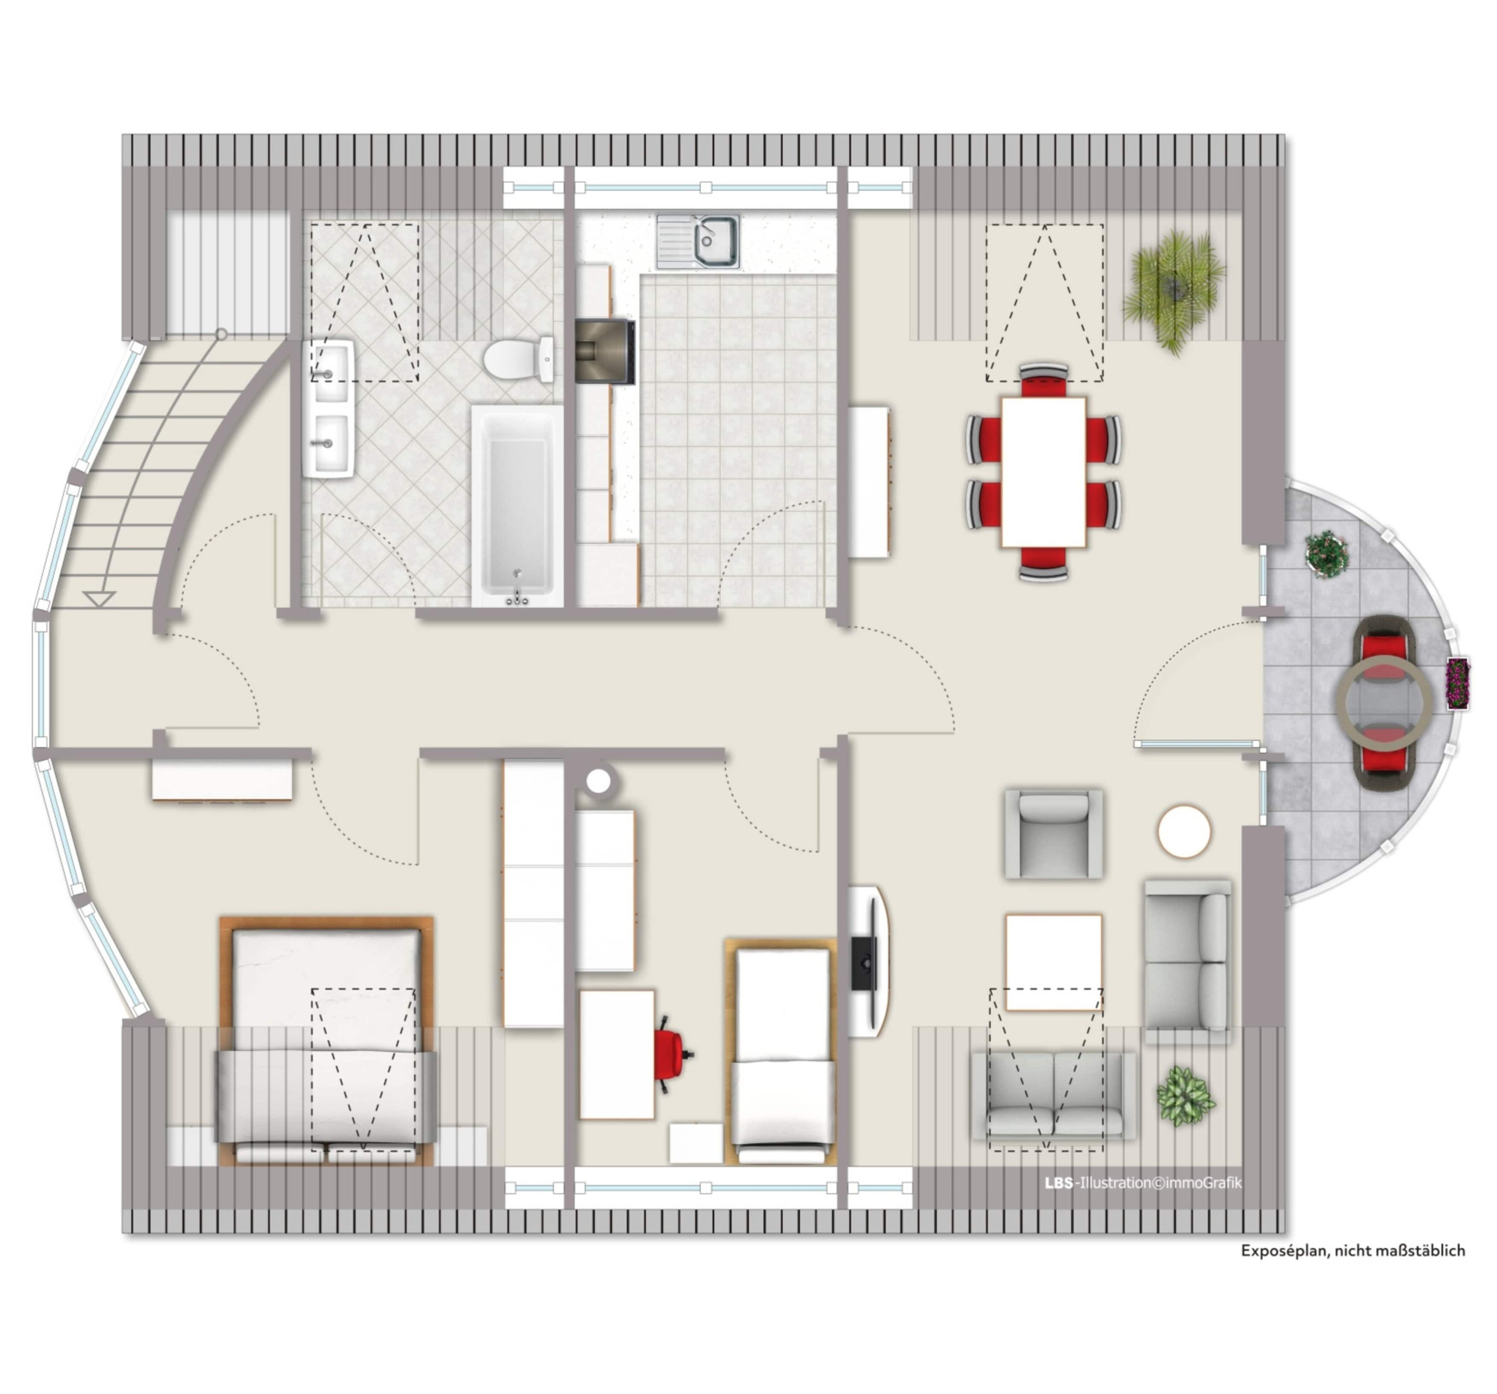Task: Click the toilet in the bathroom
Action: coord(519,359)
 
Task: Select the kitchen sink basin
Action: coord(708,240)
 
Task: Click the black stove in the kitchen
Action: coord(605,353)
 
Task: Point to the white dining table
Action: coord(1043,472)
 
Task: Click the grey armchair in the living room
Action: coord(1053,834)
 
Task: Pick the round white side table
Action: coord(1183,832)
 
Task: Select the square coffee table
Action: coord(1053,963)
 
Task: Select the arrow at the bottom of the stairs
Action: coord(99,599)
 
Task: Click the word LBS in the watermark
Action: coord(1058,1183)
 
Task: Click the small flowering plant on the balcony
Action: coord(1327,554)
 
